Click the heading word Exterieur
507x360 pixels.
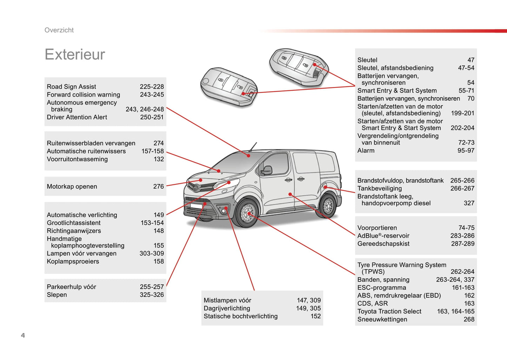click(x=75, y=55)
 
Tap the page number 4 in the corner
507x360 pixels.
click(x=23, y=335)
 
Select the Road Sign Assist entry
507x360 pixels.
click(x=71, y=87)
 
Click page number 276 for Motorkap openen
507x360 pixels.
click(x=158, y=187)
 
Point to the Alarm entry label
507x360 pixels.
click(x=366, y=151)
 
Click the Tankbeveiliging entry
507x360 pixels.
click(x=379, y=188)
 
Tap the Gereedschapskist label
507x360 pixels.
click(x=383, y=244)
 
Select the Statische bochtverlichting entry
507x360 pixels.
click(x=240, y=316)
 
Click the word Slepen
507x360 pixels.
click(x=57, y=295)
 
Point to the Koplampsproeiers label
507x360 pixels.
click(x=73, y=261)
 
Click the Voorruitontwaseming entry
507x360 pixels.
click(x=77, y=159)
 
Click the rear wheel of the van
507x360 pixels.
click(x=328, y=206)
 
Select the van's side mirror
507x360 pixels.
click(x=266, y=171)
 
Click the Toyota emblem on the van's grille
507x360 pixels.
click(x=195, y=187)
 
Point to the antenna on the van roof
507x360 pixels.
click(x=253, y=147)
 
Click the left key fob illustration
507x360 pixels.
click(x=228, y=86)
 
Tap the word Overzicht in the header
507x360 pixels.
click(x=59, y=30)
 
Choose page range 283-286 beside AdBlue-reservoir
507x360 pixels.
click(x=462, y=236)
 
